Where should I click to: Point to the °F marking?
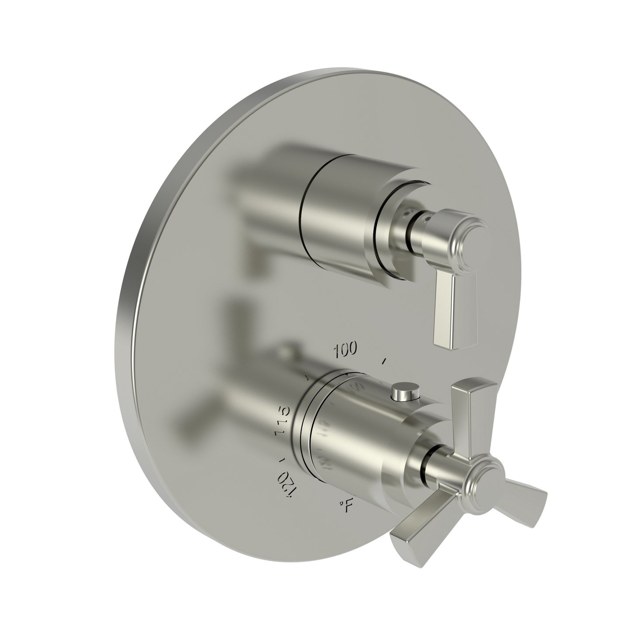tap(346, 506)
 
